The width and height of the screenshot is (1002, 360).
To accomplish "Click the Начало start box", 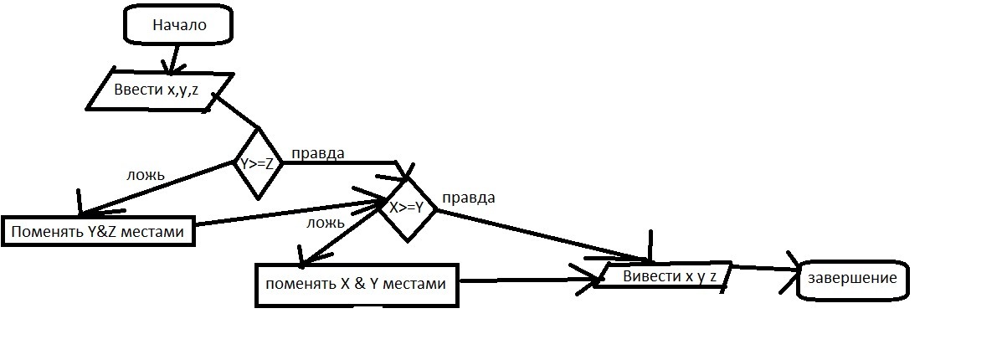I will pos(177,26).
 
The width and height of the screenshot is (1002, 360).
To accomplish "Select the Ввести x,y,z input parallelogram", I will pos(157,90).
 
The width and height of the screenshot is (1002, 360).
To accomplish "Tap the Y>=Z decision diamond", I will pos(257,164).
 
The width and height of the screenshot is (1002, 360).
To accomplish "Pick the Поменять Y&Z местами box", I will pos(99,230).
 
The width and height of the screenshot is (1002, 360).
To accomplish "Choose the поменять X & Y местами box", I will pos(357,284).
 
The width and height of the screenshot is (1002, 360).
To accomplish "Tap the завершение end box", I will pos(852,279).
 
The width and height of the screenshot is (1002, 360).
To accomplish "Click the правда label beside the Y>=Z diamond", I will pos(317,154).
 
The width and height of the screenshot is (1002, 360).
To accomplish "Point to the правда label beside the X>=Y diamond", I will pos(468,198).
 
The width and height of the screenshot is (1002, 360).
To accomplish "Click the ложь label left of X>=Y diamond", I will pos(326,222).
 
